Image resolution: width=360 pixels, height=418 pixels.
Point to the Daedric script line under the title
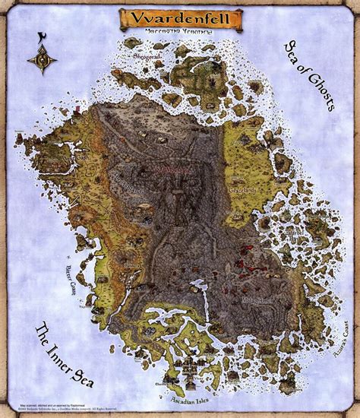(179, 33)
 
